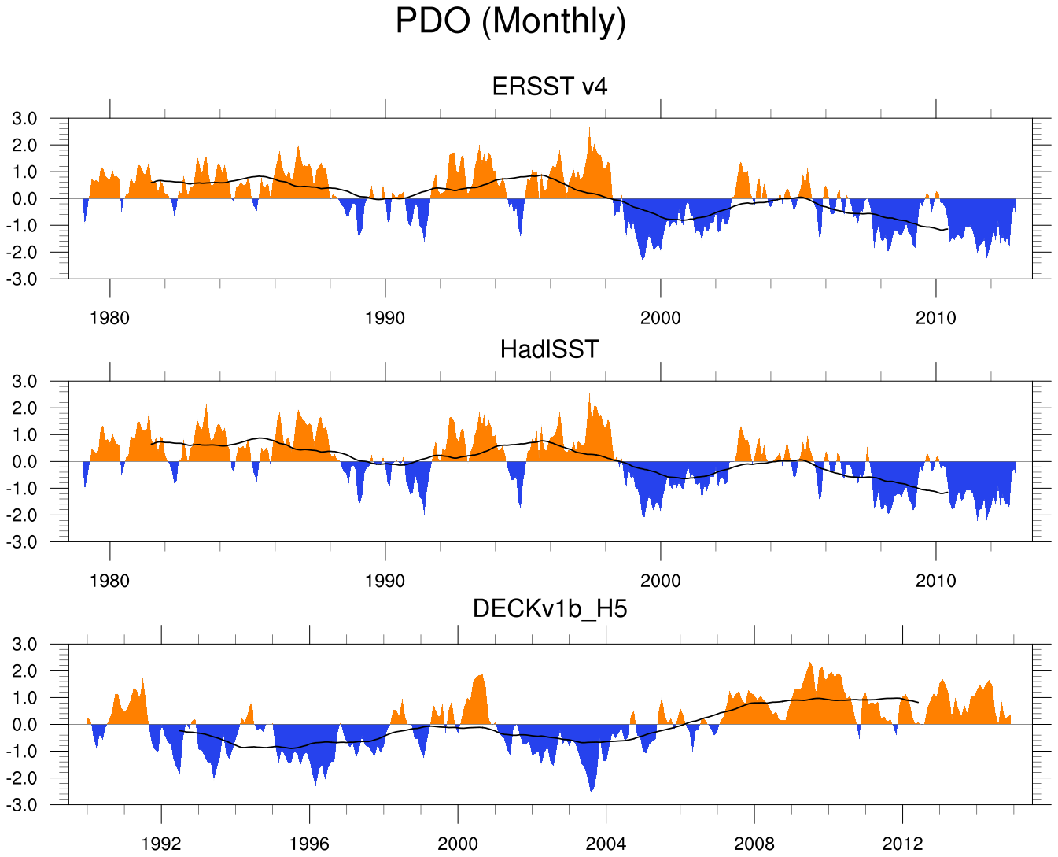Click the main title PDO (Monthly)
coord(511,21)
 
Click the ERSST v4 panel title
coord(549,86)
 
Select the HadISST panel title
coord(549,349)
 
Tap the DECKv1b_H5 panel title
coord(549,608)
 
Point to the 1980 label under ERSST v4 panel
coord(109,318)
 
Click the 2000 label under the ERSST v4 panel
coord(660,318)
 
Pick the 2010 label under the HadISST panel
coord(935,581)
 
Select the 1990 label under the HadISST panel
coord(385,581)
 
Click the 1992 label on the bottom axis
coord(161,844)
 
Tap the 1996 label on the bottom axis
coord(309,844)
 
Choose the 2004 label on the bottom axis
coord(606,844)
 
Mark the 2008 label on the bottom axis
coord(754,844)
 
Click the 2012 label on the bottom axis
coord(901,844)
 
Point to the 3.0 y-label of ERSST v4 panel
coord(24,119)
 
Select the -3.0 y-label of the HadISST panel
coord(22,542)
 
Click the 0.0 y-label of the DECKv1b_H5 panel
coord(24,725)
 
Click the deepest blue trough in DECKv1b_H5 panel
coord(592,790)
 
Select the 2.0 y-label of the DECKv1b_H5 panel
coord(24,671)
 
